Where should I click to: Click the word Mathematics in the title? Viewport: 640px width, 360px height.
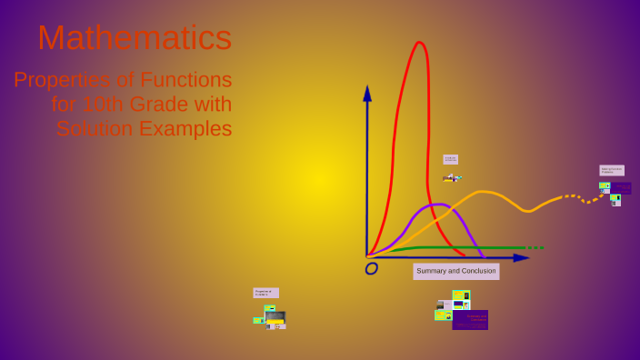point(135,38)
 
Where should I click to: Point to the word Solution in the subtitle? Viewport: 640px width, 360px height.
point(95,129)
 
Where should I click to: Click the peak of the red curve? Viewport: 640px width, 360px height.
point(419,43)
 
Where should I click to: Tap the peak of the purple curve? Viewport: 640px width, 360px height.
point(435,205)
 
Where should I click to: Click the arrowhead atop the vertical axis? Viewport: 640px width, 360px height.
point(367,93)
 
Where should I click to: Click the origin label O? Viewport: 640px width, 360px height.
point(371,268)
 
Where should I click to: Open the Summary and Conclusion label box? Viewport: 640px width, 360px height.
point(455,271)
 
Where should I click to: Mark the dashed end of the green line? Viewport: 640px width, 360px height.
point(536,248)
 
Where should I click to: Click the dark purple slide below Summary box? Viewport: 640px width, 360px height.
point(470,320)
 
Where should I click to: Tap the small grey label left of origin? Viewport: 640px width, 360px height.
point(265,293)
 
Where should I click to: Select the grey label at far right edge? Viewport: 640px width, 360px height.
point(611,170)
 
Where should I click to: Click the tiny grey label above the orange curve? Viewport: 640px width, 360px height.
point(450,159)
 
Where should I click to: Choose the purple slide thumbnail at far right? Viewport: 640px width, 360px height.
point(622,188)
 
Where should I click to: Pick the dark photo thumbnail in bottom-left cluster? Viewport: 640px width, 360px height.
point(275,316)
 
